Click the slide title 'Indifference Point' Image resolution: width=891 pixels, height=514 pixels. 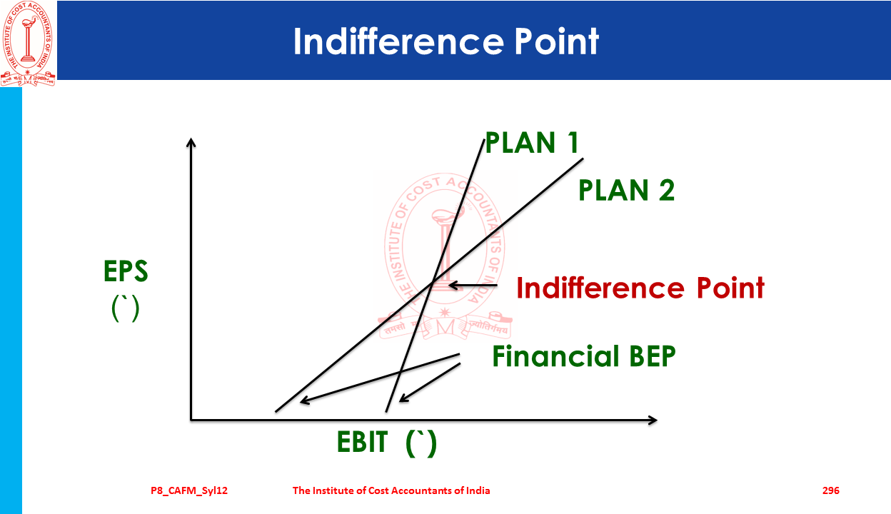(x=446, y=41)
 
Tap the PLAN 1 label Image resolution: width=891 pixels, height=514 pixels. (x=532, y=143)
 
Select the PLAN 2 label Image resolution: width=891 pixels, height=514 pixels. (x=627, y=190)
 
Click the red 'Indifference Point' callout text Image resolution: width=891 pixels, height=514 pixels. (x=640, y=287)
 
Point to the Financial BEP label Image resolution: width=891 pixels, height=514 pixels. (x=584, y=356)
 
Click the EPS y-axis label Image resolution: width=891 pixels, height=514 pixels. (x=126, y=271)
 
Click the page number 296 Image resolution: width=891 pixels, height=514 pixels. (x=831, y=490)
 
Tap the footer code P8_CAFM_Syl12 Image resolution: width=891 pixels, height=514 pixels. (x=189, y=491)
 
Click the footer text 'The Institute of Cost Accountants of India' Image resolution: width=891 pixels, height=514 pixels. (x=391, y=490)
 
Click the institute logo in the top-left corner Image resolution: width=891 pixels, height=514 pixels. (x=28, y=44)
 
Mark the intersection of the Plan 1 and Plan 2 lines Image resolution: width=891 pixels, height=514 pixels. (x=433, y=283)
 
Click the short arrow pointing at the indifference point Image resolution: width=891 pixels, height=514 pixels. (x=473, y=286)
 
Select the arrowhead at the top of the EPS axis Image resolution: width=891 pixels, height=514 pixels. (x=191, y=142)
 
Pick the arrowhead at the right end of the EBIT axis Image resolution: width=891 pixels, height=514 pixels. (x=653, y=420)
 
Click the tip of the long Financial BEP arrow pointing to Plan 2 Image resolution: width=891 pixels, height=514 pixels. (x=301, y=401)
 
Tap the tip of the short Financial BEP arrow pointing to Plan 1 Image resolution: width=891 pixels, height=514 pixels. (x=399, y=401)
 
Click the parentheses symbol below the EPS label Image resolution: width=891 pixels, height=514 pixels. (x=126, y=308)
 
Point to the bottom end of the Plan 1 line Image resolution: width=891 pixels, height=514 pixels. (x=386, y=412)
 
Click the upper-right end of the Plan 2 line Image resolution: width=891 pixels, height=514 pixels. (x=583, y=158)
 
